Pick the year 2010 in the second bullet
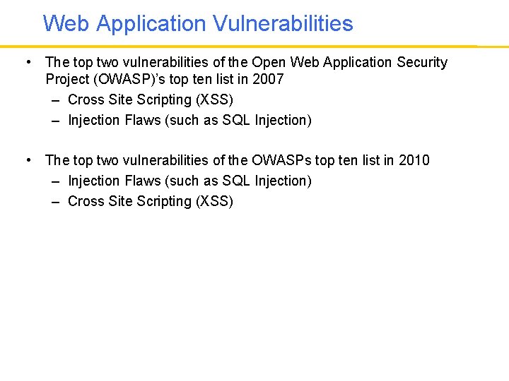coord(414,160)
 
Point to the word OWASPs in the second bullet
coord(282,160)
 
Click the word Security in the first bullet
coord(422,62)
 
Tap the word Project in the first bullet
coord(67,79)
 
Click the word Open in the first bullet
coord(269,62)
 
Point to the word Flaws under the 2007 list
coord(142,120)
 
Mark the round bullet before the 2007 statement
coord(27,62)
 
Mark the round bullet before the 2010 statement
coord(27,160)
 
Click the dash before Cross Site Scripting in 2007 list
coord(55,99)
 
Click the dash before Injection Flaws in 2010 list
coord(55,181)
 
